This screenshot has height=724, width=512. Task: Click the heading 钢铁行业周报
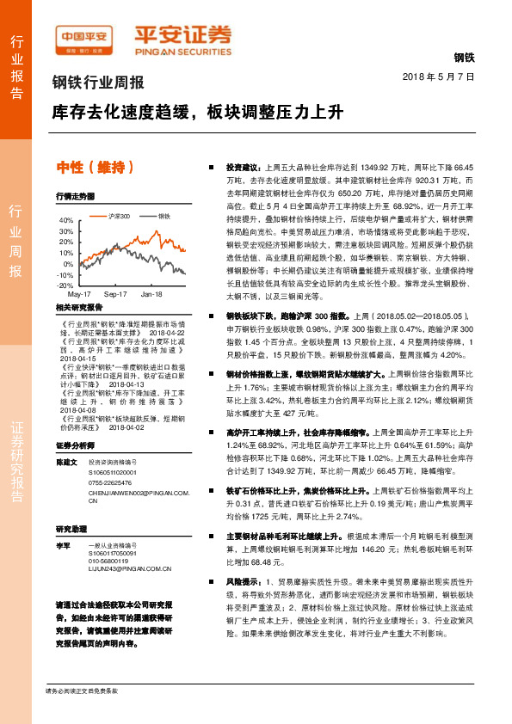97,83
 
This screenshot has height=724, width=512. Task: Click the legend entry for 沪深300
120,217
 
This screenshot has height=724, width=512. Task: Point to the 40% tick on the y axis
66,220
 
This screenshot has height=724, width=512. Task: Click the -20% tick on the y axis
65,285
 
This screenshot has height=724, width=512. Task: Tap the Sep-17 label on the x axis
115,294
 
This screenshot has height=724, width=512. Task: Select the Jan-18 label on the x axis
151,294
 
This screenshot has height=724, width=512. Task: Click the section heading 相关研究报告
78,307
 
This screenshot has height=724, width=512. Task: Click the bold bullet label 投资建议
243,166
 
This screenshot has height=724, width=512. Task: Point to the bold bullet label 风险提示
243,582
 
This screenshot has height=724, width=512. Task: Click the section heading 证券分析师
73,422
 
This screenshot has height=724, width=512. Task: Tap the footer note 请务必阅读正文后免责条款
82,690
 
